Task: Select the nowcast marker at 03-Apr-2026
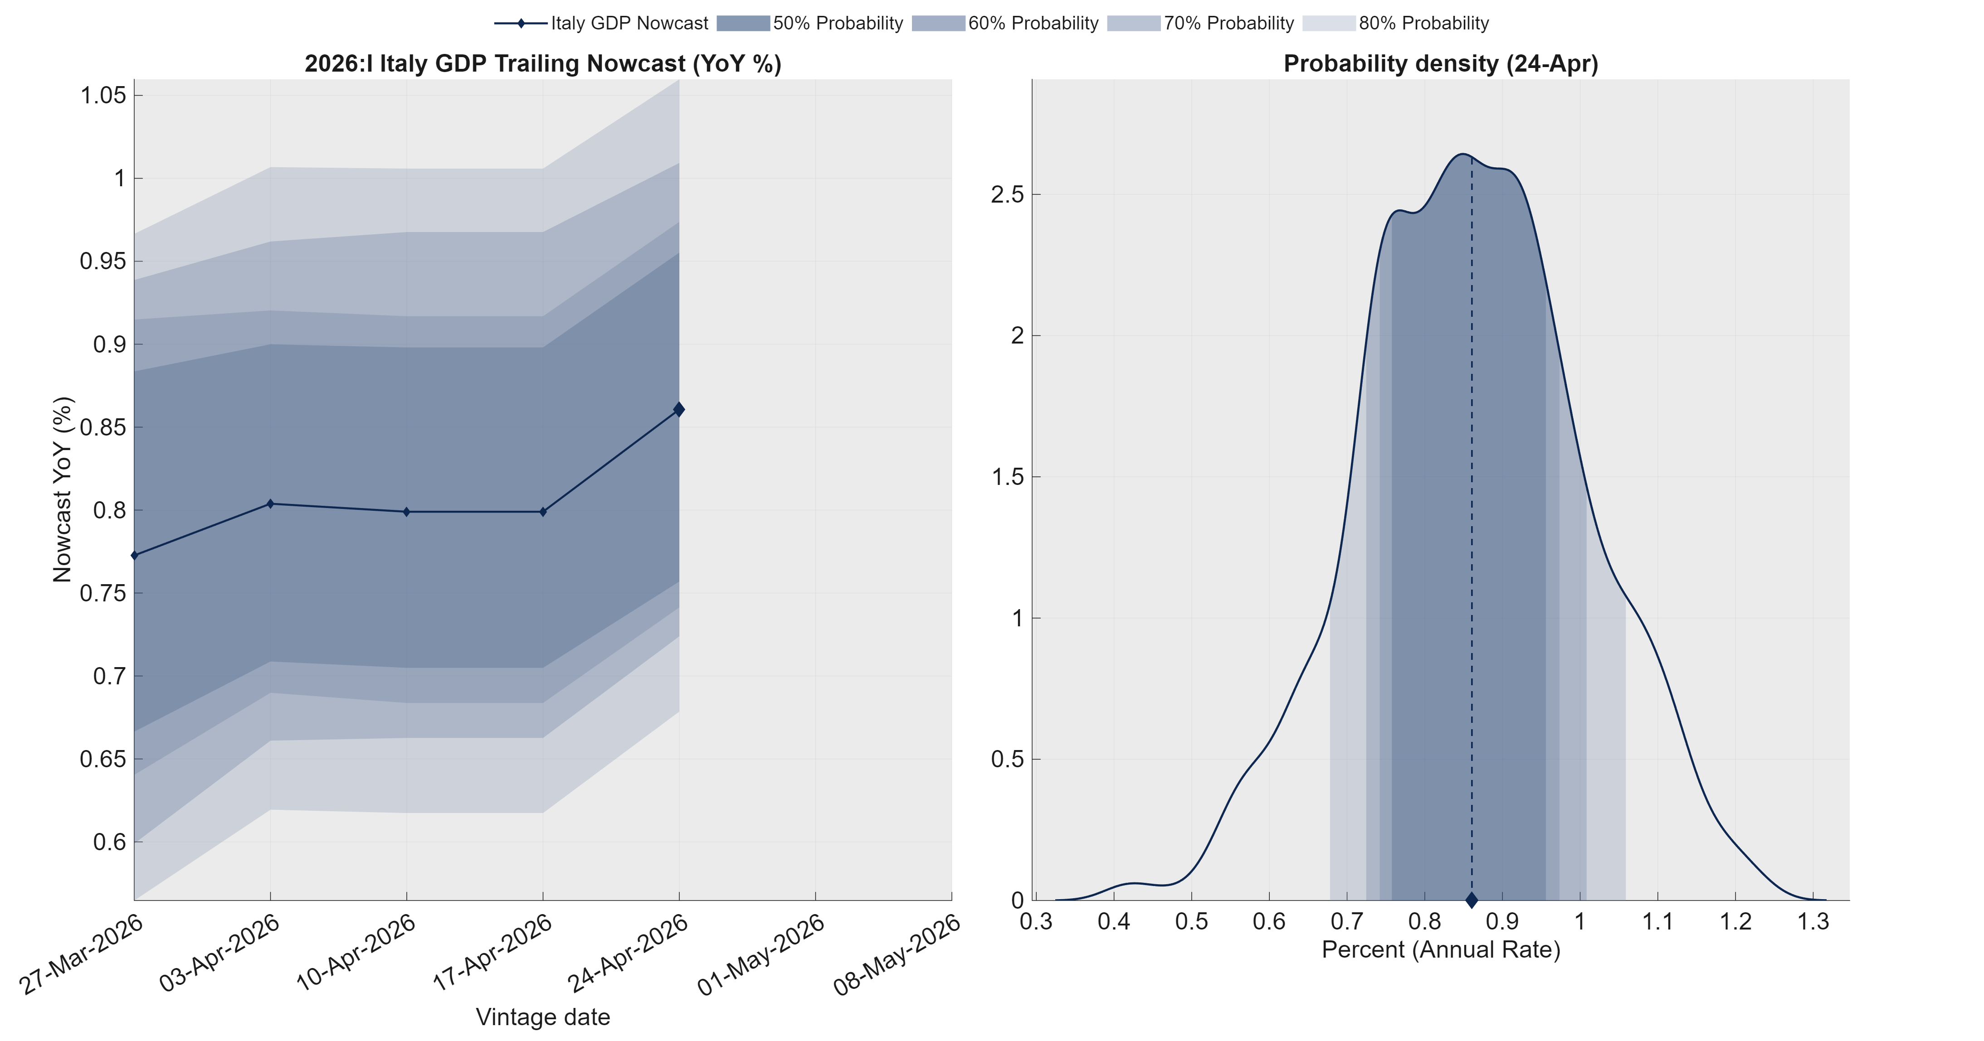[x=269, y=504]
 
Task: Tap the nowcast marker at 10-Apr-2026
[x=407, y=511]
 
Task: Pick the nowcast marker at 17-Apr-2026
[x=543, y=511]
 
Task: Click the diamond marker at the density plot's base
[x=1471, y=899]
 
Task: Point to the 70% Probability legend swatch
[x=1133, y=23]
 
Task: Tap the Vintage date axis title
[x=542, y=1017]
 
